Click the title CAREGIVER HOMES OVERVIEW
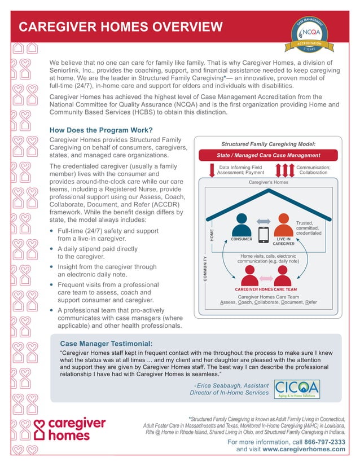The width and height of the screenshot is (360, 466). coord(121,27)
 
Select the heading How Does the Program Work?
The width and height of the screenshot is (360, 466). coord(102,129)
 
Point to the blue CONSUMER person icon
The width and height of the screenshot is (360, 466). coord(242,225)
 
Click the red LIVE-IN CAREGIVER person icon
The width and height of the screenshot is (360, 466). coord(283,225)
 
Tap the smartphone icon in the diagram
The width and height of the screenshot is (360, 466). coord(262,234)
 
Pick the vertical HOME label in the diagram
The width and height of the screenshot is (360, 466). coord(213,236)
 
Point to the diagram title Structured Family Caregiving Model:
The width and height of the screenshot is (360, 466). coord(267,144)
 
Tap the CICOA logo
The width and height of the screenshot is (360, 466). coord(296,389)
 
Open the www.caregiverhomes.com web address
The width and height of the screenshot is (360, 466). coord(304,450)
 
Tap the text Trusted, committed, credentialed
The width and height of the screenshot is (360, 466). coord(309,228)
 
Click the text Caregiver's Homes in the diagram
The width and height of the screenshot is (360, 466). coord(269,183)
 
